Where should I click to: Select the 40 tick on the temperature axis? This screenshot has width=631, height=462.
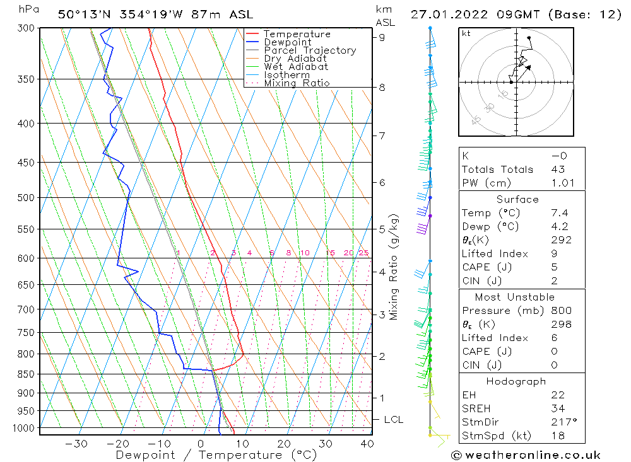[x=367, y=444]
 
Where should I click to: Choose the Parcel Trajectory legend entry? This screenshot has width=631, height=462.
[x=309, y=50]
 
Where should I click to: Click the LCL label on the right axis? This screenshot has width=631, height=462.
[x=393, y=420]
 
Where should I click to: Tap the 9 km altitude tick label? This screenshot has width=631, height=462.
[x=382, y=37]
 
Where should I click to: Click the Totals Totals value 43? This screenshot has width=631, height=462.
[x=558, y=169]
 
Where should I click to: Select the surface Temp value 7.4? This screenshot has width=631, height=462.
[x=559, y=213]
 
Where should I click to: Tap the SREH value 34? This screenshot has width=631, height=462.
[x=558, y=408]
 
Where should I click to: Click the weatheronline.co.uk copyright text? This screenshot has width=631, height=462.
[x=526, y=454]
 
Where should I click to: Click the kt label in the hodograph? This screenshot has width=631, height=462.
[x=466, y=33]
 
